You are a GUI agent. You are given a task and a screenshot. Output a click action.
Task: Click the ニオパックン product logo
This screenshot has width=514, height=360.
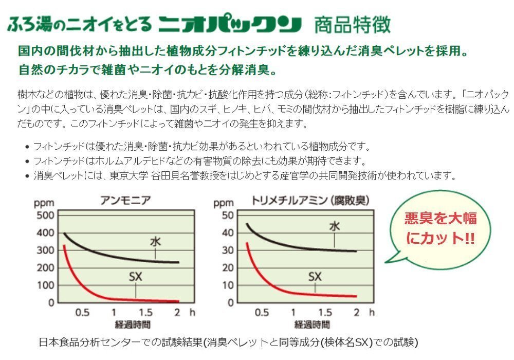(229, 24)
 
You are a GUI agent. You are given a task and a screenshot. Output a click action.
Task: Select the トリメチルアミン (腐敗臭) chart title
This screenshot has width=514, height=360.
(311, 201)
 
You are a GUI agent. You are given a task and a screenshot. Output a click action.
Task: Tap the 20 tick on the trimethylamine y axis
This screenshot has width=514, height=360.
(227, 267)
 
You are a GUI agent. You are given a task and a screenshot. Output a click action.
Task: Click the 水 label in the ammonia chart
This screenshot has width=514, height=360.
(155, 241)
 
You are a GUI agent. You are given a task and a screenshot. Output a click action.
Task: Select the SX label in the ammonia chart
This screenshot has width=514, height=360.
(135, 277)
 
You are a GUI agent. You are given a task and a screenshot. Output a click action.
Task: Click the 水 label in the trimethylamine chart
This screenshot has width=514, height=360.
(335, 225)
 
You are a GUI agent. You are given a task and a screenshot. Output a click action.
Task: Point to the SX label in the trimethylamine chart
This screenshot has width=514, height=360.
(315, 277)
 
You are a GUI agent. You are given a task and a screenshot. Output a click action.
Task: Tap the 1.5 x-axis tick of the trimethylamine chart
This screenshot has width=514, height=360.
(325, 312)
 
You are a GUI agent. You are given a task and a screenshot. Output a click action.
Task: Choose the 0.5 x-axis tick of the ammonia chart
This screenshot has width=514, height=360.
(82, 312)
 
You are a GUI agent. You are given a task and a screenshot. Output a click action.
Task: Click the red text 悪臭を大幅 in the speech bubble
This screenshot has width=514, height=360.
(440, 218)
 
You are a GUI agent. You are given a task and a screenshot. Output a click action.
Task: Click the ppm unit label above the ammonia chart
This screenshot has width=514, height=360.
(44, 202)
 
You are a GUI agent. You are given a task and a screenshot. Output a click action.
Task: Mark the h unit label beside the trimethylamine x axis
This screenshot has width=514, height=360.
(372, 312)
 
